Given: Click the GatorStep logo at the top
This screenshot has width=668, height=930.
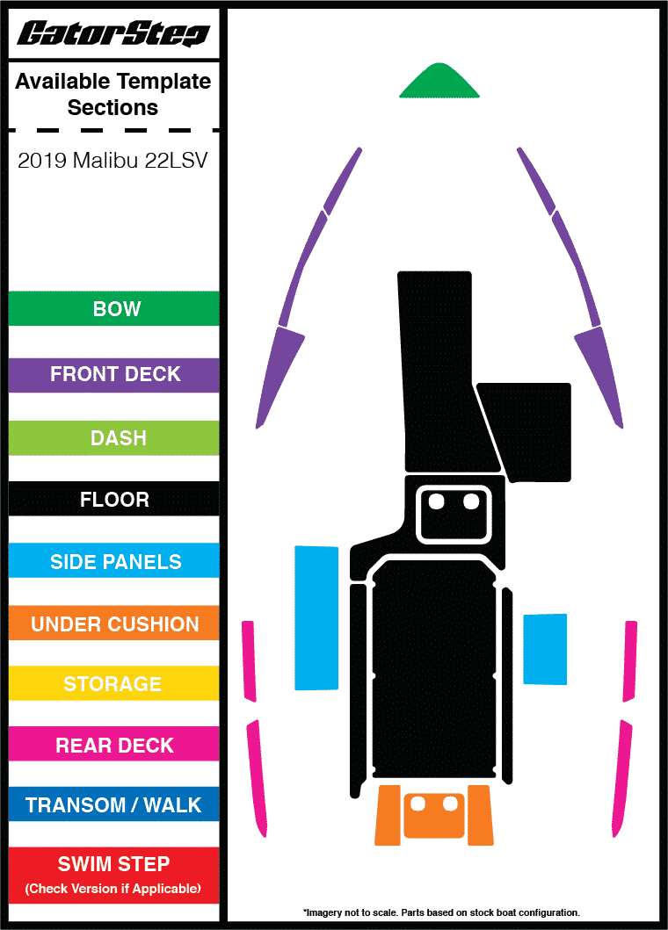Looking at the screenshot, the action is pyautogui.click(x=113, y=34).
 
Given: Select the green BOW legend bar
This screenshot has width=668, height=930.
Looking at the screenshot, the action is pyautogui.click(x=113, y=309).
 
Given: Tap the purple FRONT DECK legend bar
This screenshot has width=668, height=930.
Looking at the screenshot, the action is pyautogui.click(x=113, y=374).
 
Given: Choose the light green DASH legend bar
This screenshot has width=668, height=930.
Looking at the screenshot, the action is pyautogui.click(x=113, y=437).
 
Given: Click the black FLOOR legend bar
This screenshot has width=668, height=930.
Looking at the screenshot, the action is pyautogui.click(x=113, y=500).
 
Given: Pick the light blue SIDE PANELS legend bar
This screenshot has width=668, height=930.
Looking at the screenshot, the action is pyautogui.click(x=113, y=561).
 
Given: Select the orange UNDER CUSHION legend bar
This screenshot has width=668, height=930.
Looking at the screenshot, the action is pyautogui.click(x=113, y=624).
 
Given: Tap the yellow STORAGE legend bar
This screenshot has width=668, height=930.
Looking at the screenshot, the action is pyautogui.click(x=113, y=683).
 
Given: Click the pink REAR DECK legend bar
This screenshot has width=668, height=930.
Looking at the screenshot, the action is pyautogui.click(x=113, y=745).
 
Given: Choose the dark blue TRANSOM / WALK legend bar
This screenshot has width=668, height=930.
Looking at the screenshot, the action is pyautogui.click(x=113, y=804).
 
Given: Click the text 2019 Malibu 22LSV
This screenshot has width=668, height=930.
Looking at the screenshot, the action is pyautogui.click(x=113, y=162).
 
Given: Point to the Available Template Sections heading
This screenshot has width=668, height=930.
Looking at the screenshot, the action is pyautogui.click(x=113, y=95).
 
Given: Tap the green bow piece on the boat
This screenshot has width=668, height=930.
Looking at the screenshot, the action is pyautogui.click(x=439, y=83).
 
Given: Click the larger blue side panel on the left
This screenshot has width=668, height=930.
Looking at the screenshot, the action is pyautogui.click(x=316, y=617).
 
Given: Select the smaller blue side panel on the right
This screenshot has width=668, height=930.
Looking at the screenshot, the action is pyautogui.click(x=545, y=649).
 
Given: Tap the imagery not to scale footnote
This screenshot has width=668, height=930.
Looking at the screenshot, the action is pyautogui.click(x=441, y=912).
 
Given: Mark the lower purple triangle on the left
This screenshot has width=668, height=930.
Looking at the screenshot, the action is pyautogui.click(x=280, y=373).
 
